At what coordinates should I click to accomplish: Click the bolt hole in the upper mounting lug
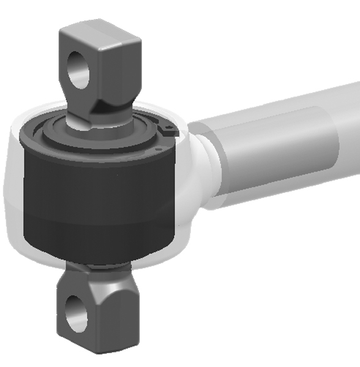78,69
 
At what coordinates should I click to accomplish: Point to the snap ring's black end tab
168,129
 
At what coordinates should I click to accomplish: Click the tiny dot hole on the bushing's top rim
158,148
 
